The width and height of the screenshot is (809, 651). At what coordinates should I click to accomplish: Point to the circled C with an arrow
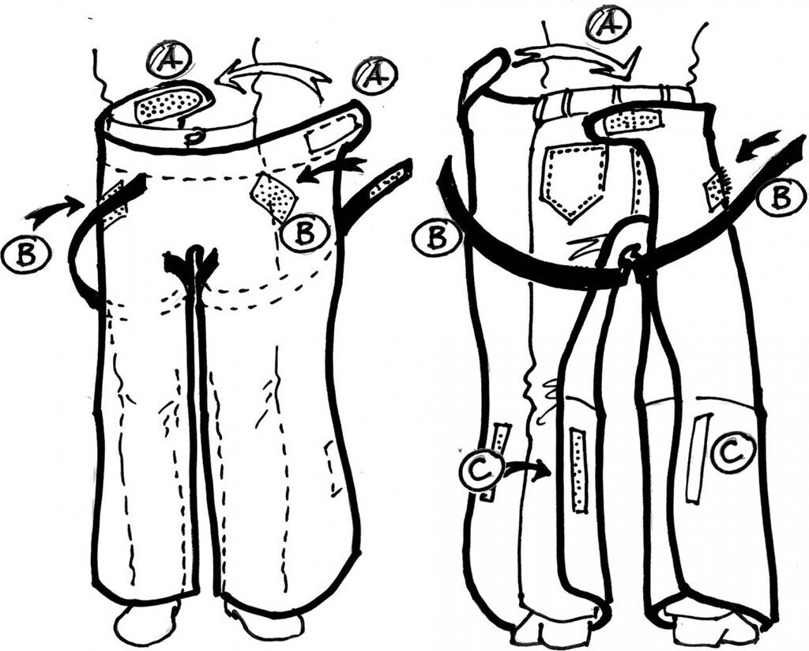[x=482, y=471]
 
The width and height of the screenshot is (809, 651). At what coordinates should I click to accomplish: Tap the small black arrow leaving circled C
[x=528, y=470]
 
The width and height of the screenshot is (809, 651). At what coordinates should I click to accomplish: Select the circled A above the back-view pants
[x=608, y=25]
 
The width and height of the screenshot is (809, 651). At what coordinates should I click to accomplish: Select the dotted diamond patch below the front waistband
[x=273, y=195]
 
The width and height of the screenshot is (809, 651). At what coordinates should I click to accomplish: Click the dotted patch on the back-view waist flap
[x=634, y=121]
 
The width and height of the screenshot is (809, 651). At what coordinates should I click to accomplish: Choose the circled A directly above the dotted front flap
[x=168, y=60]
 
